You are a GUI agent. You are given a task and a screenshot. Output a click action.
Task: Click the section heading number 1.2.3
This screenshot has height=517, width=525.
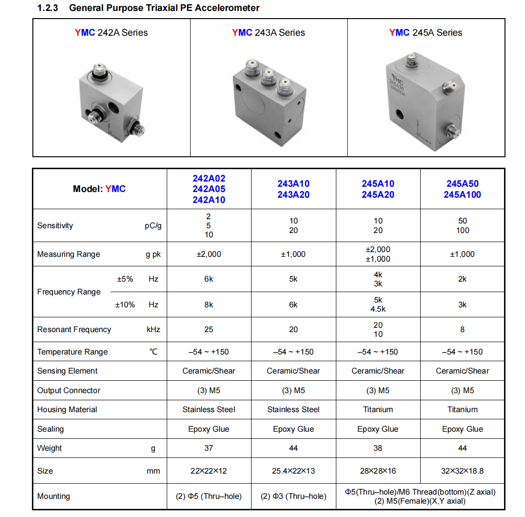(48, 8)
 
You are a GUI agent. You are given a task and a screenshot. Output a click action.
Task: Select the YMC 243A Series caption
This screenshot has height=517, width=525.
(268, 32)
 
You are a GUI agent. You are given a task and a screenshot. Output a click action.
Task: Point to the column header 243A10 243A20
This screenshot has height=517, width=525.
(293, 189)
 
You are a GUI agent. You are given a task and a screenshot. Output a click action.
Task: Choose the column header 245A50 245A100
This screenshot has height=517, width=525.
(462, 189)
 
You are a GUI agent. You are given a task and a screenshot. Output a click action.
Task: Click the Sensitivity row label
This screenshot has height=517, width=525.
(55, 225)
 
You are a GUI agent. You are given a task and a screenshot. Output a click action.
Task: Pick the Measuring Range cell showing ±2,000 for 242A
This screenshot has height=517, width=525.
(209, 254)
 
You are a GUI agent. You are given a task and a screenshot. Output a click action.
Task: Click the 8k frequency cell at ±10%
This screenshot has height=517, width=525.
(209, 304)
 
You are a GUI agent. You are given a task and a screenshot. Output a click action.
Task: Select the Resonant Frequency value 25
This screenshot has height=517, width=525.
(209, 329)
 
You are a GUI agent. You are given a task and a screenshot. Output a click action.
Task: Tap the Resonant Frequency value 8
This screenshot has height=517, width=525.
(462, 329)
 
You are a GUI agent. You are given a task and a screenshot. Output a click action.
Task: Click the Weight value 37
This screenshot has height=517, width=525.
(209, 448)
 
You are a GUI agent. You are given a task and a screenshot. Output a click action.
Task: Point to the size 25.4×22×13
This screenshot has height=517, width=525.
(293, 471)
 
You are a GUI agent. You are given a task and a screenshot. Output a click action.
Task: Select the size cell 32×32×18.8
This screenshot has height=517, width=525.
(462, 471)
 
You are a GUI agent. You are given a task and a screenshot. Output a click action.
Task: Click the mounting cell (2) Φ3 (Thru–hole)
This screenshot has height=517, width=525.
(293, 496)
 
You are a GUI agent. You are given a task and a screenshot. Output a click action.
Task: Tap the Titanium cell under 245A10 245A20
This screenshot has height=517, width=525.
(378, 409)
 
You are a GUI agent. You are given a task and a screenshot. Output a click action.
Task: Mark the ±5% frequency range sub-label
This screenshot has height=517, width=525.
(125, 279)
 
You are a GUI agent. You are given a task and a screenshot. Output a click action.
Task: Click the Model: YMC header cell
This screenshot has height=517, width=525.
(99, 189)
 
